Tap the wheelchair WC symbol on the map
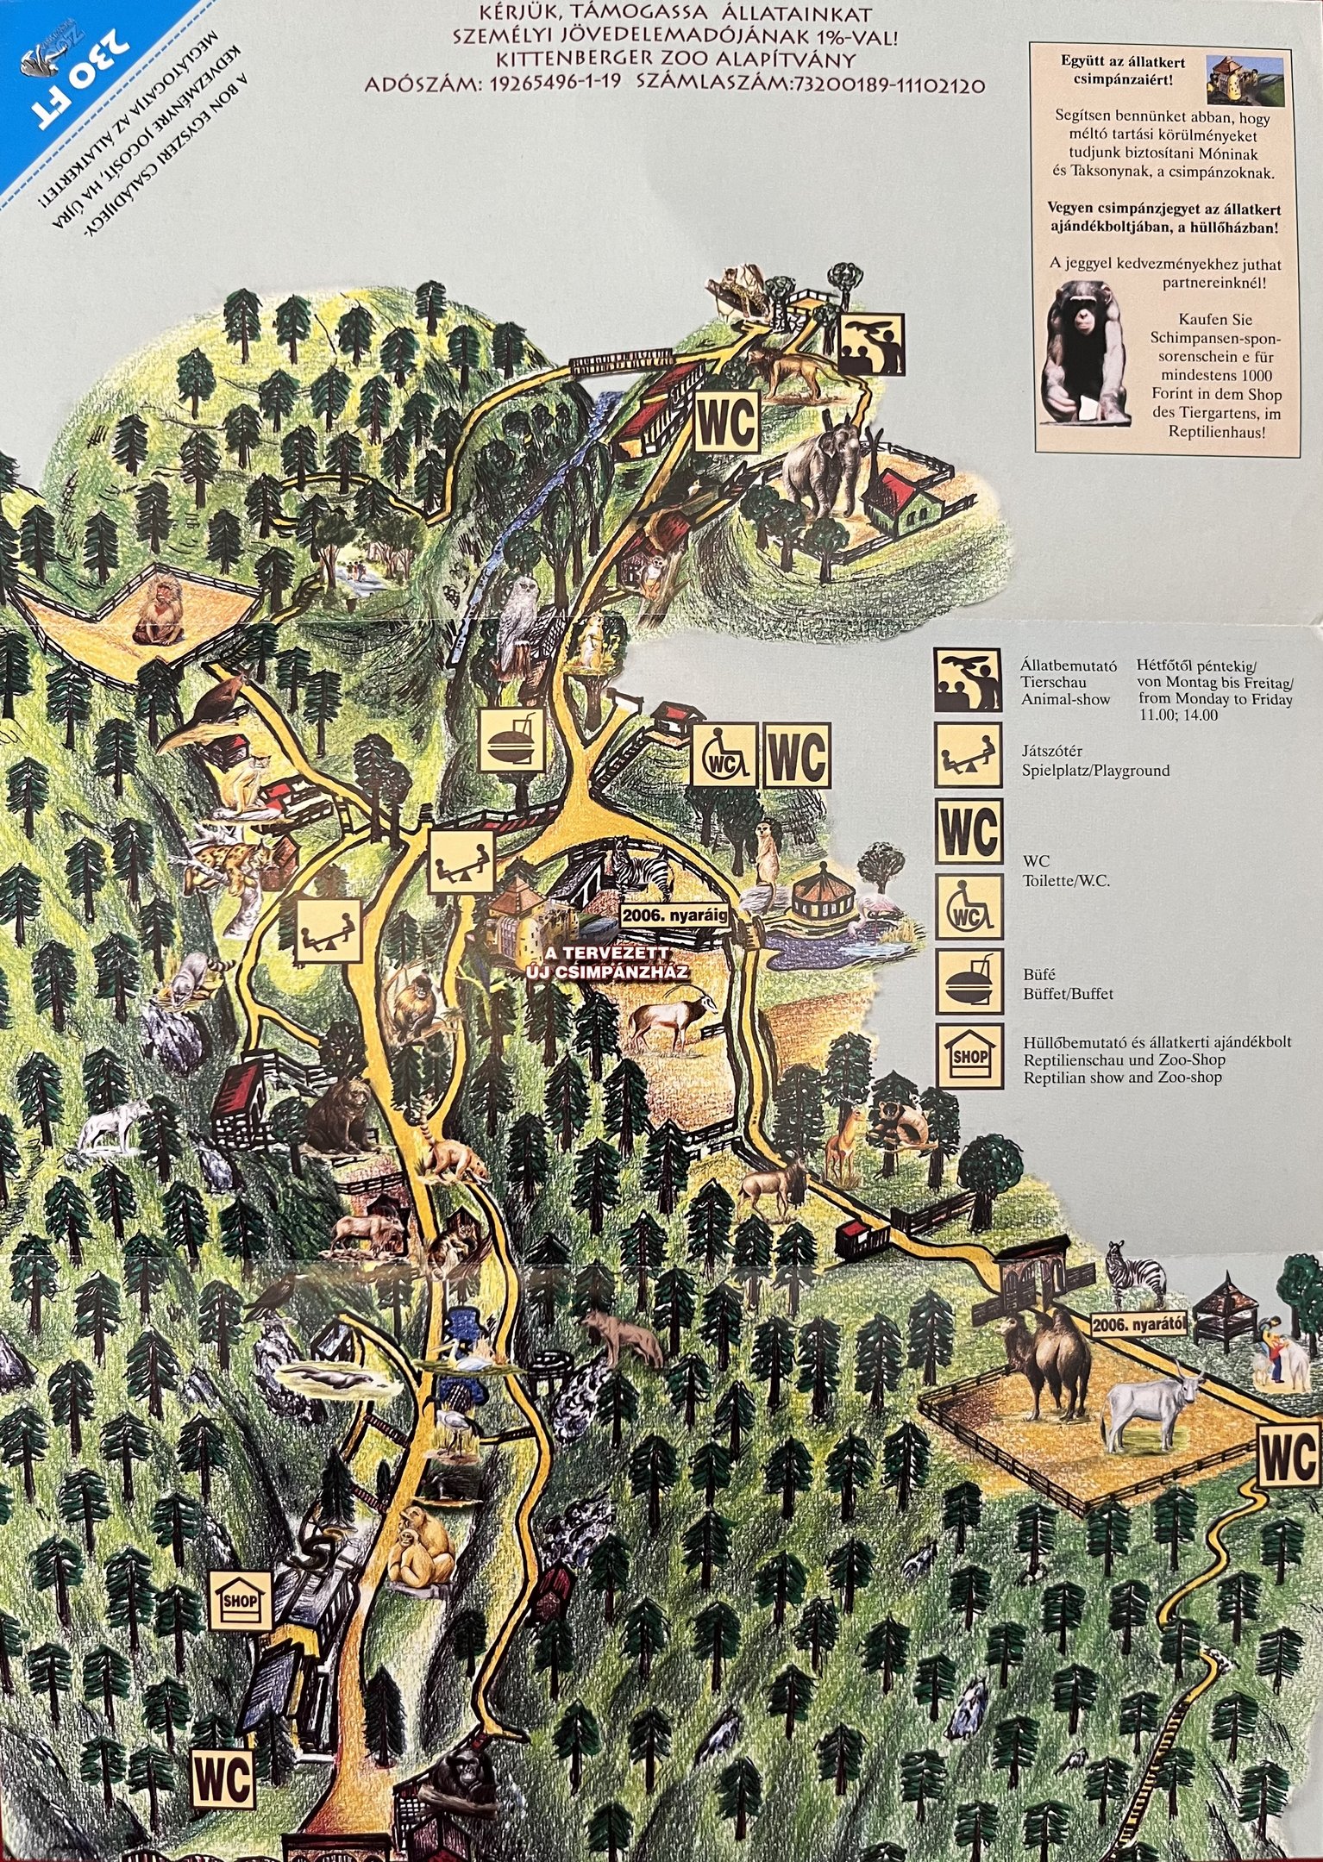[723, 755]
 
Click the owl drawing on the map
[520, 608]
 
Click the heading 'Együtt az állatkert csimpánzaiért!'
[1121, 70]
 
